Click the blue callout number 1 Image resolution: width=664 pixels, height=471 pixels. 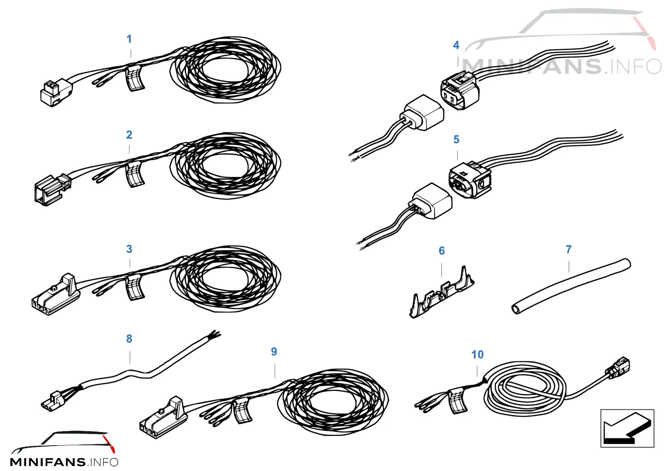129,39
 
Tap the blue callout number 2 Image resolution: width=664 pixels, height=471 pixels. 129,135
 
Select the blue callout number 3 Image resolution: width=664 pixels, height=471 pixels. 129,249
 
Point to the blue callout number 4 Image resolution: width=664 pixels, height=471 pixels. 456,45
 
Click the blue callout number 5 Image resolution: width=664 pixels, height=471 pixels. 456,140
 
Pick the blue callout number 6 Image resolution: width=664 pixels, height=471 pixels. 442,250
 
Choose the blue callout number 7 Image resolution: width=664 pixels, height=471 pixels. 569,250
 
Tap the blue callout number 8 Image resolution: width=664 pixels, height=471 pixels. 129,339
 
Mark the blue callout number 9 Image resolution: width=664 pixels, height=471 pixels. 274,351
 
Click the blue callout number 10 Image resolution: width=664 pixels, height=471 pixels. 477,354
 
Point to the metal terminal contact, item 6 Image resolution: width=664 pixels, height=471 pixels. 441,292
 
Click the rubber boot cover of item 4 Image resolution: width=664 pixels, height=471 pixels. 422,113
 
